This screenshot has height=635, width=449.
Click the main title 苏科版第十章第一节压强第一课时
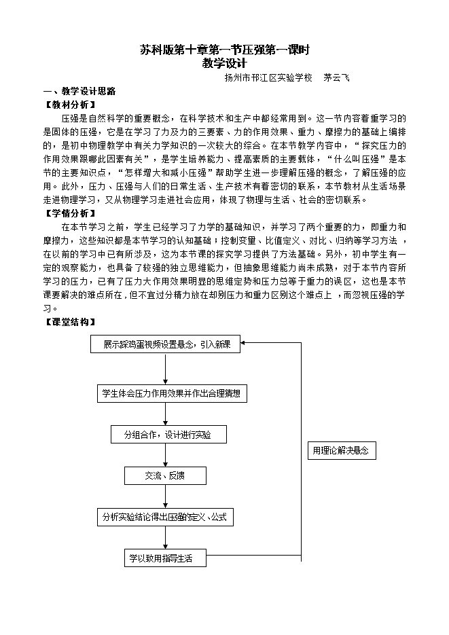click(224, 50)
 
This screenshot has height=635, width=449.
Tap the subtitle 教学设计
click(224, 63)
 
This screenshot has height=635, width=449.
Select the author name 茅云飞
click(336, 78)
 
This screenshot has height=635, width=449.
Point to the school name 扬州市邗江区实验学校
click(268, 78)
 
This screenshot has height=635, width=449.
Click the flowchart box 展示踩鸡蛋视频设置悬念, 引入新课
click(166, 345)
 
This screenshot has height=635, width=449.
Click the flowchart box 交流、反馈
click(166, 475)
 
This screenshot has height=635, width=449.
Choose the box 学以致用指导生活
click(166, 558)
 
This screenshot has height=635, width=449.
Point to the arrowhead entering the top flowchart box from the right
click(246, 344)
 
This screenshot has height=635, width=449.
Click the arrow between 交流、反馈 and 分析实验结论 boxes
click(166, 496)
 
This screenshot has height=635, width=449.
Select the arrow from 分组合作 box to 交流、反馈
click(166, 455)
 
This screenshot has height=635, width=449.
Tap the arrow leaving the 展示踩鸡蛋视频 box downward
click(166, 369)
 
